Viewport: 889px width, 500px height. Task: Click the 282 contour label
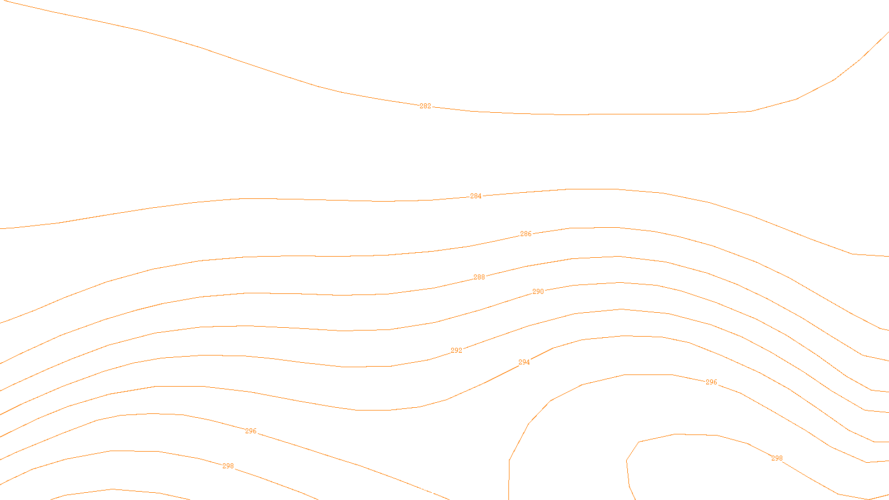(x=425, y=106)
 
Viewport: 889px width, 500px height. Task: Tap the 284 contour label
(x=476, y=196)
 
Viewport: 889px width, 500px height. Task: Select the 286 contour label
(x=526, y=234)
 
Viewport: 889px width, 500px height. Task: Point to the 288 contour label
(x=479, y=277)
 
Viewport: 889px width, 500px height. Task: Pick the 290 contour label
(x=538, y=292)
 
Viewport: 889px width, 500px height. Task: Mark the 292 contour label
(x=456, y=351)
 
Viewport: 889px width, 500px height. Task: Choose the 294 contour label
(x=524, y=362)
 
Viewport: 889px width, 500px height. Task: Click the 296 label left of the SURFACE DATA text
(x=251, y=431)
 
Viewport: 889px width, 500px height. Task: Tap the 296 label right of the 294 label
(x=711, y=382)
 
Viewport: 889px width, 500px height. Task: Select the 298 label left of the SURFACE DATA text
(x=228, y=466)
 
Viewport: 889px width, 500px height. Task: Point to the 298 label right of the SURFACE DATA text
(x=777, y=458)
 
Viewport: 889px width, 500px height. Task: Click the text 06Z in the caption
(x=421, y=491)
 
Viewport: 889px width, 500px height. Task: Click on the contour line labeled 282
(x=611, y=114)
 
